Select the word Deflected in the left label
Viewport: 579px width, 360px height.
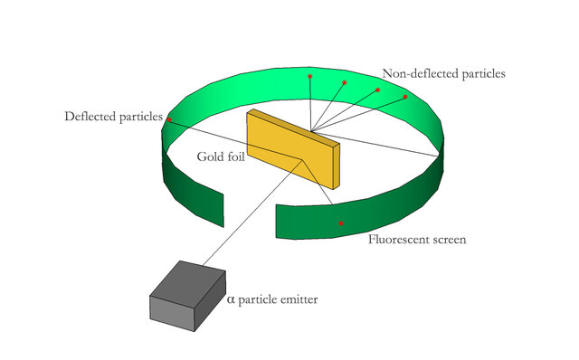click(90, 117)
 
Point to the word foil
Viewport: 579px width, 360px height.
click(234, 156)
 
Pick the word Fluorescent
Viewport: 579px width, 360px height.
click(400, 241)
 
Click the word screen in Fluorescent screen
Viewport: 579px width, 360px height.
click(449, 242)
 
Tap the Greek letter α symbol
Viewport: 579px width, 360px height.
click(230, 299)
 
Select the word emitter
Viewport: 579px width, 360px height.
click(298, 299)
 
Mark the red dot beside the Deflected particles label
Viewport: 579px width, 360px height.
click(169, 119)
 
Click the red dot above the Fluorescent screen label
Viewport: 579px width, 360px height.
click(341, 223)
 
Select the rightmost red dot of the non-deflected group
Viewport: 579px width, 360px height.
click(405, 96)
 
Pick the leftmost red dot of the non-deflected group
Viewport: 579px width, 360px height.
click(309, 75)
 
